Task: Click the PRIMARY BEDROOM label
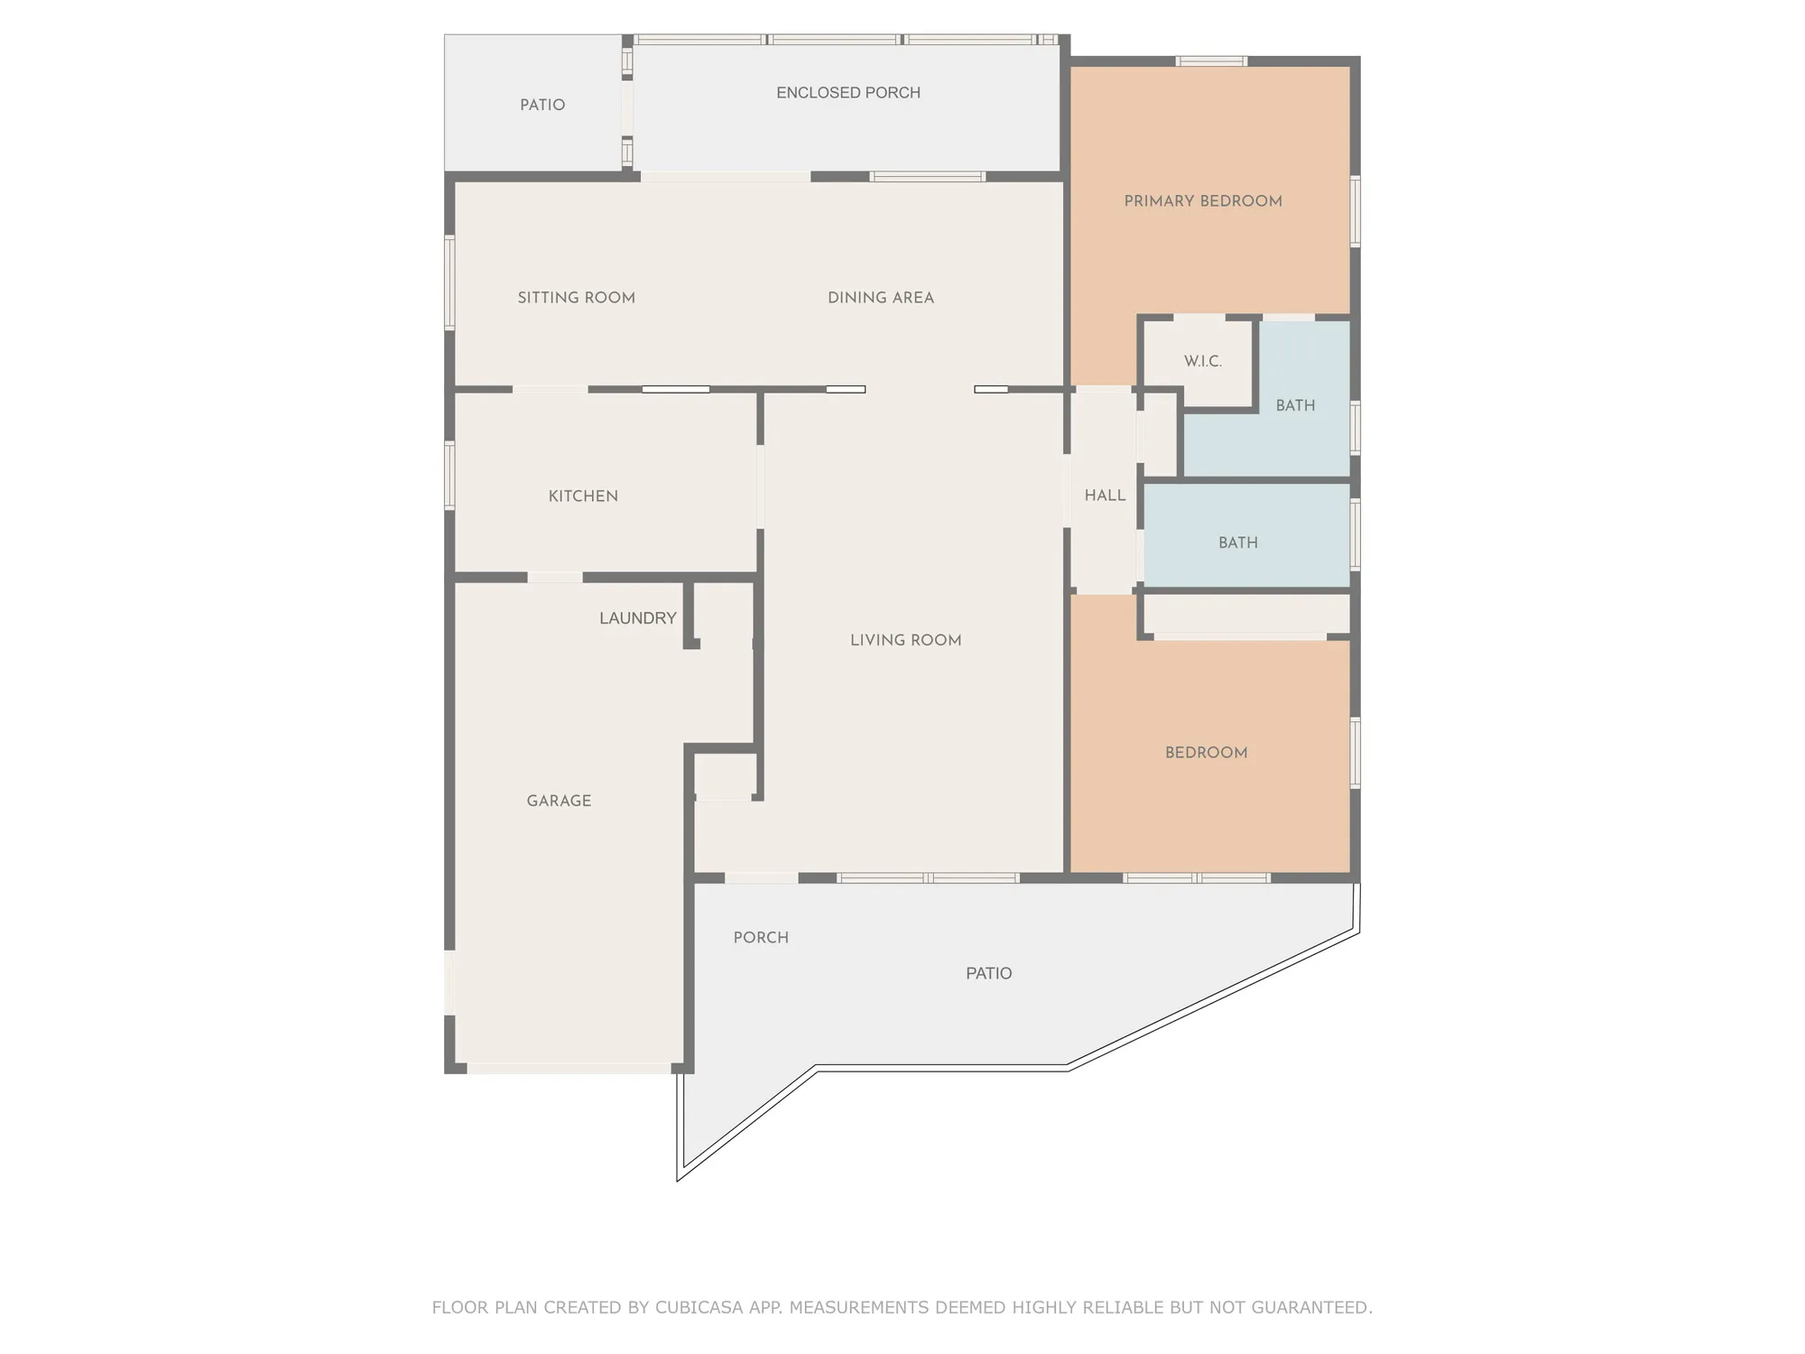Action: (x=1203, y=201)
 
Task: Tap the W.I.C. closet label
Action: (x=1203, y=361)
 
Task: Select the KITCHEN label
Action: (x=583, y=496)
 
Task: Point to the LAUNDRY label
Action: (x=637, y=618)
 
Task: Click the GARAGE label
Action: (x=559, y=801)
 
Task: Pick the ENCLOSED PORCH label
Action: (x=848, y=93)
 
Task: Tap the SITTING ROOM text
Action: (x=576, y=298)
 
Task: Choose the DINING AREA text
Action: (x=881, y=298)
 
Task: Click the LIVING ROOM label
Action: (x=905, y=640)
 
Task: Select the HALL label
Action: (x=1105, y=496)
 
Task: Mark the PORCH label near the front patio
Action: (x=761, y=938)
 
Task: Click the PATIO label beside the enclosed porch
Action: (x=542, y=105)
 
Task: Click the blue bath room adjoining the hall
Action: (x=1238, y=543)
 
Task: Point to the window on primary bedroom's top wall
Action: (x=1211, y=61)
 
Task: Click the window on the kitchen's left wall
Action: (x=449, y=475)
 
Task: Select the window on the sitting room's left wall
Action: (x=449, y=282)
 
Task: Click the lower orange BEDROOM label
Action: (x=1206, y=753)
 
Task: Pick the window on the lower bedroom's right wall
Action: (x=1355, y=753)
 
